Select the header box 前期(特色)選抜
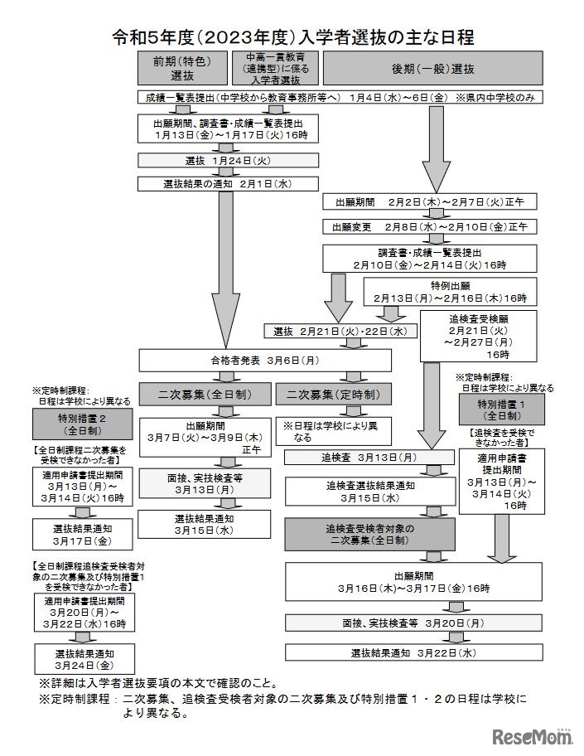click(186, 68)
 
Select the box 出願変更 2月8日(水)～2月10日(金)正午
click(434, 225)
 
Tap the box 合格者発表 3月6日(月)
click(265, 361)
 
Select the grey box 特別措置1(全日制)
click(500, 409)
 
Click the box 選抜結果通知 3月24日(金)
click(81, 659)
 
